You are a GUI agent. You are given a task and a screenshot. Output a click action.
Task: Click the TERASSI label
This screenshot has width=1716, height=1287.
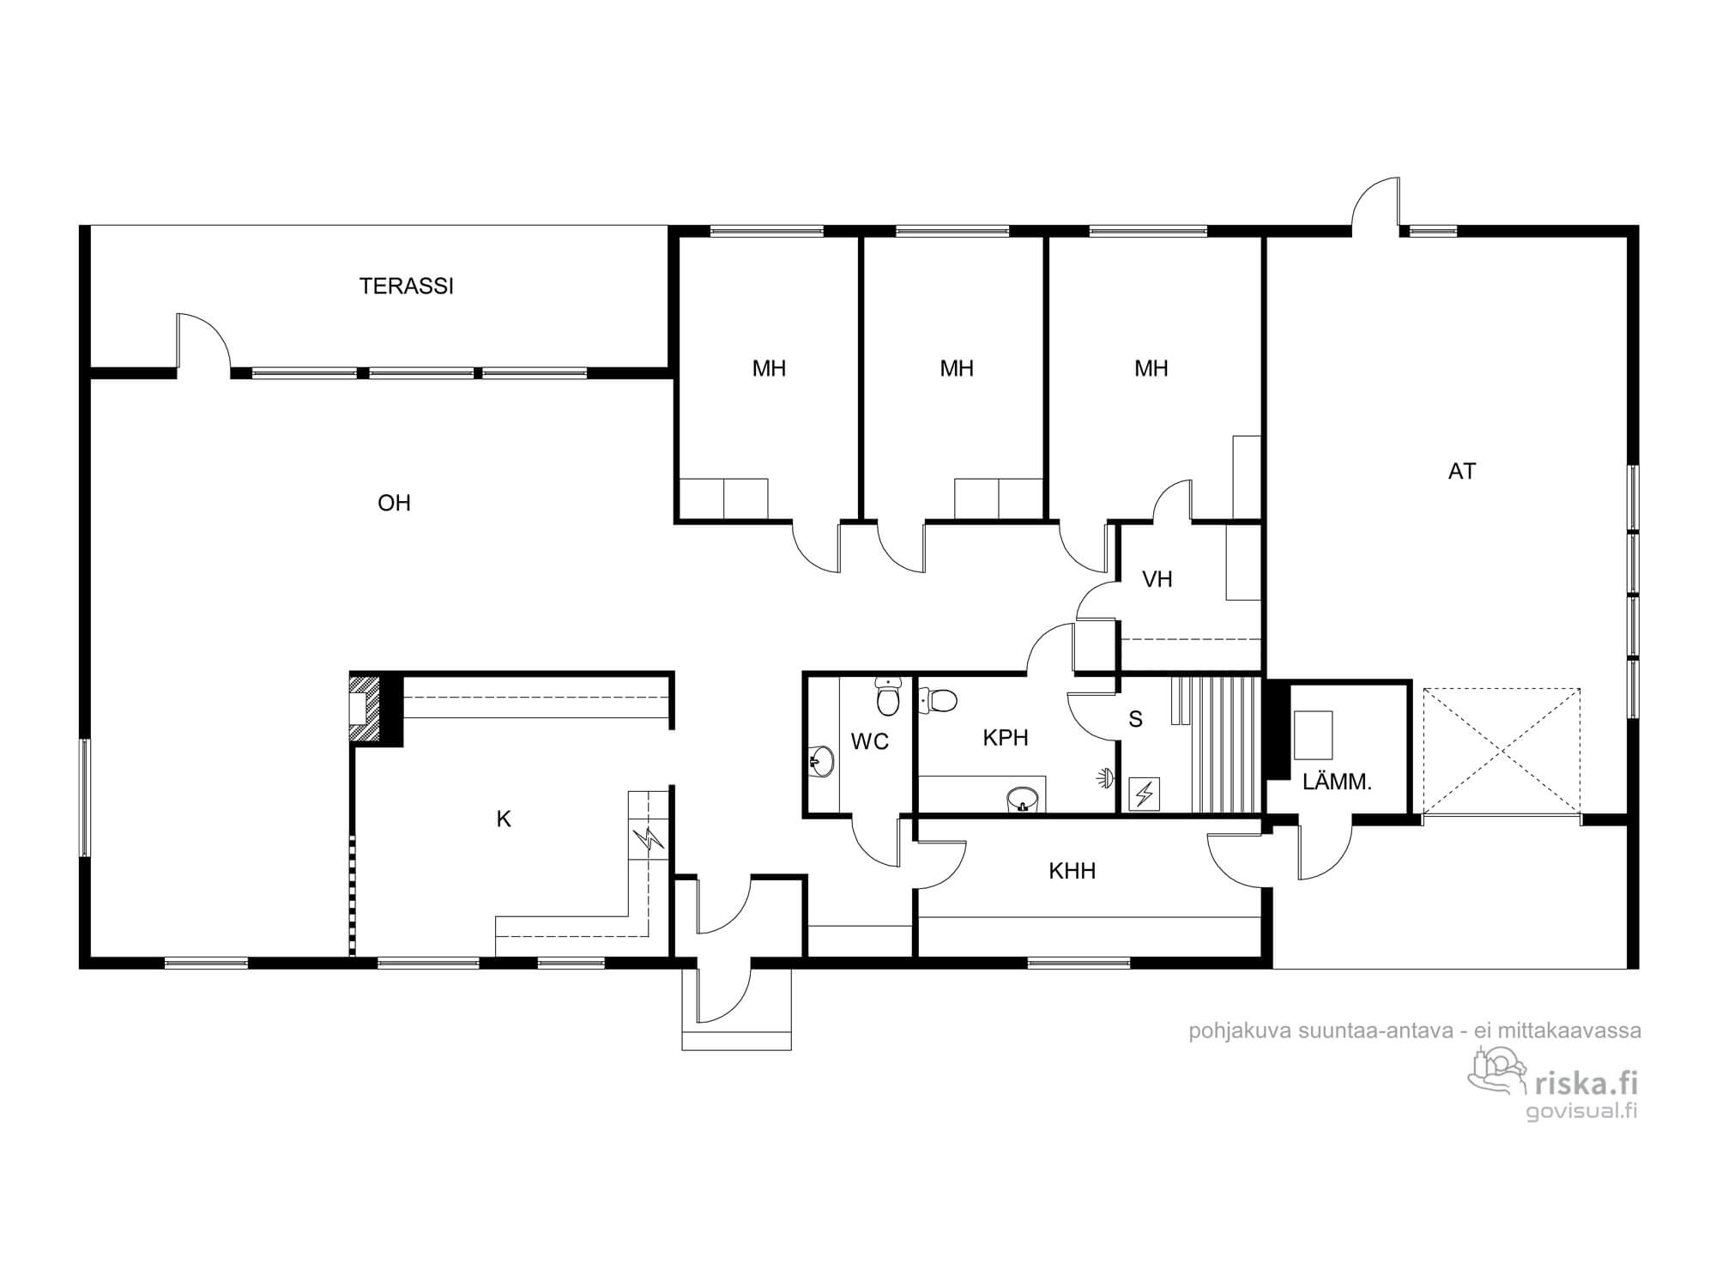(x=406, y=287)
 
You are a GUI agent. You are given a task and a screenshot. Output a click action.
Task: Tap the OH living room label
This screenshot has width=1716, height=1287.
(x=394, y=503)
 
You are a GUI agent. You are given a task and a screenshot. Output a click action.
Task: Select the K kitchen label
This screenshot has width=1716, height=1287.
(x=504, y=819)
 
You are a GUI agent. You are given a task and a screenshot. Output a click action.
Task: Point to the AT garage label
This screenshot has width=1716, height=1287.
(x=1462, y=471)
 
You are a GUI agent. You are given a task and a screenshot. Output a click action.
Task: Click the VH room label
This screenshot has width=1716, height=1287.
(x=1157, y=579)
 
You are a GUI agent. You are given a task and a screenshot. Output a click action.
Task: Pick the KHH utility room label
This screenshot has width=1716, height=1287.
(x=1072, y=872)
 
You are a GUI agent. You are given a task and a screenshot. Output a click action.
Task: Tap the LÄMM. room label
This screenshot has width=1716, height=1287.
(x=1337, y=782)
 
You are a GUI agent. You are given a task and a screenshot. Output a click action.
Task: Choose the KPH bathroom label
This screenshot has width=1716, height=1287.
(x=1006, y=738)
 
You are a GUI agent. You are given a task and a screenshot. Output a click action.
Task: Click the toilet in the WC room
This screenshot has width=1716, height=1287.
(x=887, y=696)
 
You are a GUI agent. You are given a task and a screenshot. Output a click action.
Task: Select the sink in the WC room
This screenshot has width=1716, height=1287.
(x=822, y=760)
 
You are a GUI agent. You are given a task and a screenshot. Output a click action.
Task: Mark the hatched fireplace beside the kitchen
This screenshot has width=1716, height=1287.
(x=365, y=709)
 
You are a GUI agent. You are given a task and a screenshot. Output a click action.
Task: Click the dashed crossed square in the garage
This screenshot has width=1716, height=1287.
(x=1501, y=751)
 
